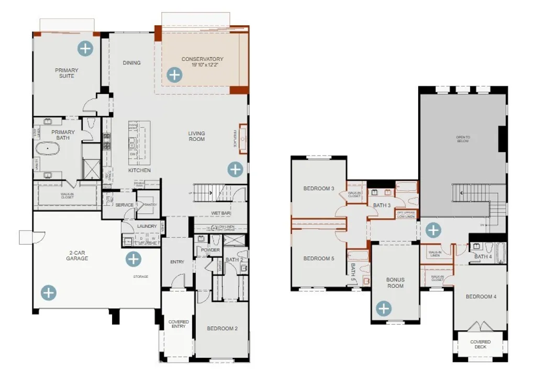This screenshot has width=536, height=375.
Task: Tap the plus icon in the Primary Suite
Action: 85,49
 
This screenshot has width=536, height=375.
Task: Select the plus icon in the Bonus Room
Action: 384,308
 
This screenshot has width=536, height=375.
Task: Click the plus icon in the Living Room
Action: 235,169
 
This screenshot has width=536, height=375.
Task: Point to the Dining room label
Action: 131,63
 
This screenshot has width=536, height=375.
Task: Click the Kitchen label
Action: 140,171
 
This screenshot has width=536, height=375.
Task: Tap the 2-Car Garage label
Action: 77,255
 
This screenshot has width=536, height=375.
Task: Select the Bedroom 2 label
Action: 222,329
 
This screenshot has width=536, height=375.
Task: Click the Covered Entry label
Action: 178,324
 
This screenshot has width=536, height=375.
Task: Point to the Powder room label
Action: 210,250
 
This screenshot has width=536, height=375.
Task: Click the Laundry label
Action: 147,226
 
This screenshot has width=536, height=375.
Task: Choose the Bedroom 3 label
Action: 319,189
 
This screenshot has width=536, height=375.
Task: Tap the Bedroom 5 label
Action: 319,259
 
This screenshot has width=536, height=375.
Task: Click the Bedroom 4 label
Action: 481,297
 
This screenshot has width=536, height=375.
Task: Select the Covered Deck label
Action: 480,344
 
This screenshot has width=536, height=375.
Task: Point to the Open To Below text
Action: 463,139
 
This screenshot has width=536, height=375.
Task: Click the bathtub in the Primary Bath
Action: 48,149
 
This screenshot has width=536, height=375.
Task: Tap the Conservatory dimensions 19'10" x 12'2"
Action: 202,65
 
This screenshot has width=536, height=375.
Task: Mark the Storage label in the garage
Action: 140,277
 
